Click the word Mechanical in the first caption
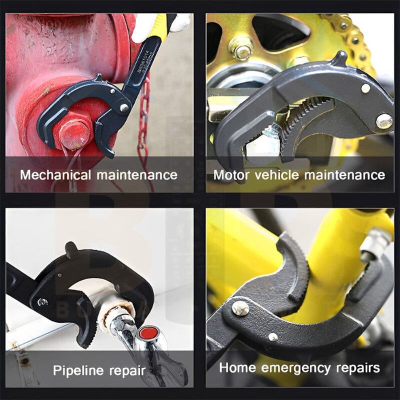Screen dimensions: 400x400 pyautogui.click(x=55, y=175)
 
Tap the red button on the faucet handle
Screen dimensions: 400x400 pyautogui.click(x=148, y=332)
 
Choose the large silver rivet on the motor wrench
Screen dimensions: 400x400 pyautogui.click(x=384, y=121)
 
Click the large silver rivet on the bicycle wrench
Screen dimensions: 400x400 pyautogui.click(x=240, y=308)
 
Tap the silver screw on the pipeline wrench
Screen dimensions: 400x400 pyautogui.click(x=43, y=302)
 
